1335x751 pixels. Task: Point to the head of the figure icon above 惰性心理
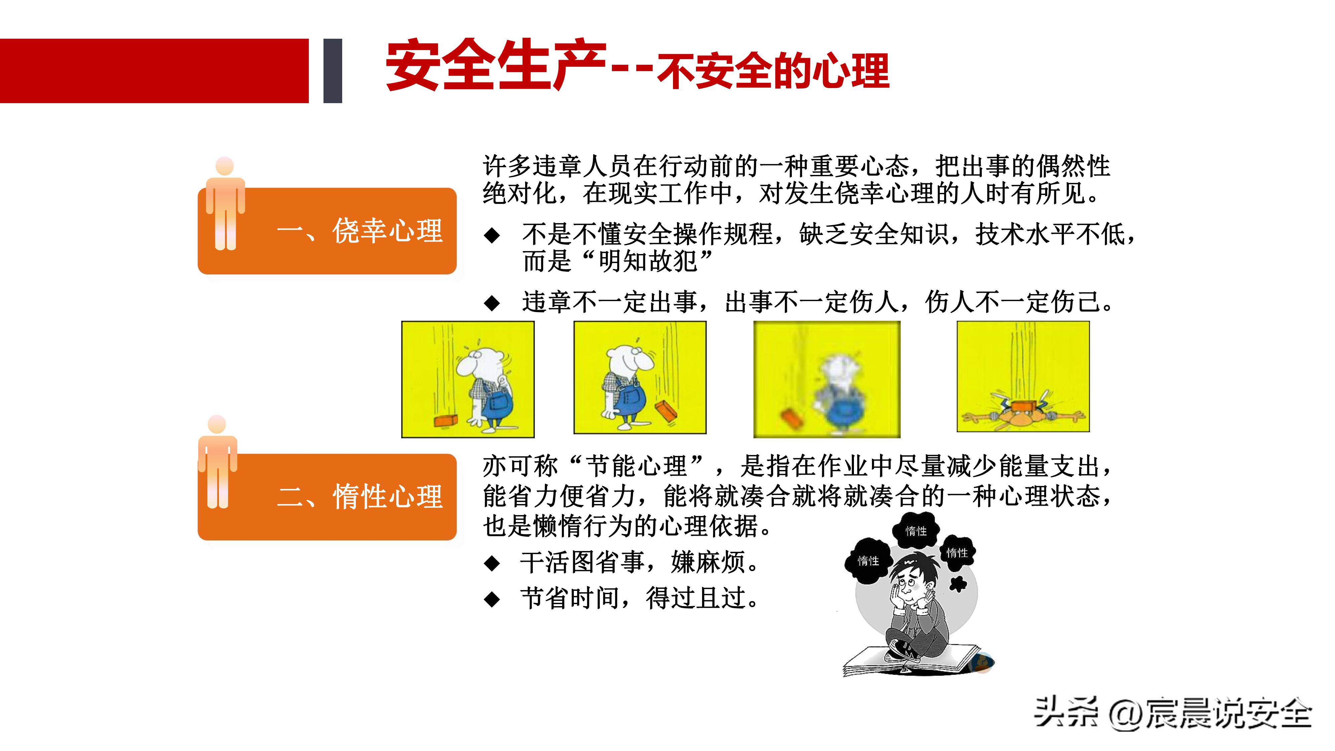tap(217, 424)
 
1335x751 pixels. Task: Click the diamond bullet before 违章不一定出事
tap(491, 303)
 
